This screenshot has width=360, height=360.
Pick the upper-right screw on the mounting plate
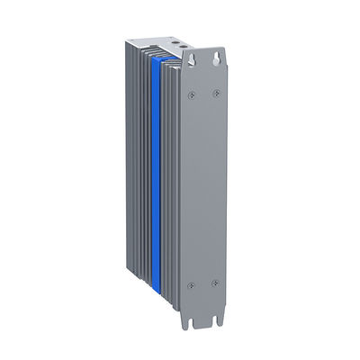[x=215, y=94]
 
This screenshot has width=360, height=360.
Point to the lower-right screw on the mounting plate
[x=214, y=285]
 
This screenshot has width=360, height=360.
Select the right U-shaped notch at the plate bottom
[x=217, y=317]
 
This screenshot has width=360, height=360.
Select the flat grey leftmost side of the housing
[x=134, y=171]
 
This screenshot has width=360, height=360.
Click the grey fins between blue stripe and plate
[x=171, y=180]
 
